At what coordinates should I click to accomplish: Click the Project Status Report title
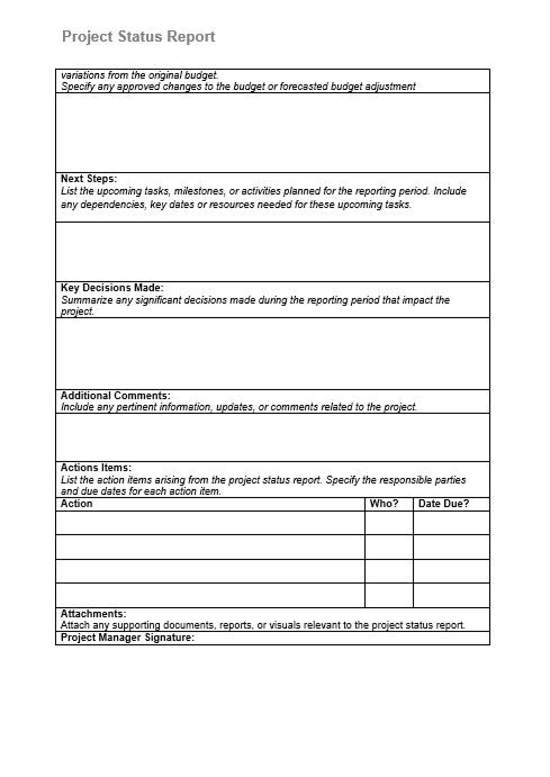tap(138, 36)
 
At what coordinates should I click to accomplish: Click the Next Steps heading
tap(89, 179)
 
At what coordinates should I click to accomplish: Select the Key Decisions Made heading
tap(112, 288)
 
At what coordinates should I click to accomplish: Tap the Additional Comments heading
tap(115, 395)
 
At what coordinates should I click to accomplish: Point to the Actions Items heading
tap(96, 467)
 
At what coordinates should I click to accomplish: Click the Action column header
tap(77, 503)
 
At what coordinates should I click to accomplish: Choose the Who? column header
tap(384, 503)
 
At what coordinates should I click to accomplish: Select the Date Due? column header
tap(443, 503)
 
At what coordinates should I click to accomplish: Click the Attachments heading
tap(93, 614)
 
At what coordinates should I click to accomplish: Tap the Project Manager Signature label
tap(127, 637)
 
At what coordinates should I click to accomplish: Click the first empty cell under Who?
tap(389, 523)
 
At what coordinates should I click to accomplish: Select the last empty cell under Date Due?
tap(451, 595)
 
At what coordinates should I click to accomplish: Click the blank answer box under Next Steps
tap(272, 252)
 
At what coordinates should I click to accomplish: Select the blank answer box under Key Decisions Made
tap(272, 354)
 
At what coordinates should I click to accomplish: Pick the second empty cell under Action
tap(210, 547)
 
